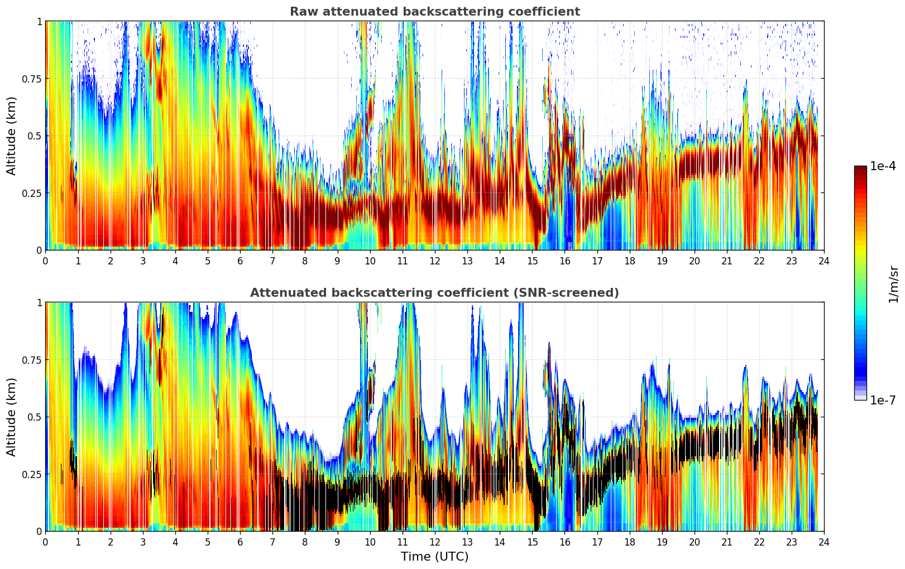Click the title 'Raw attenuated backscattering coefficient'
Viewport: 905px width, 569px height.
tap(434, 12)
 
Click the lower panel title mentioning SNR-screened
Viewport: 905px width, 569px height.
tap(434, 293)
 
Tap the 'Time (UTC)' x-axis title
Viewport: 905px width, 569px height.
tap(434, 557)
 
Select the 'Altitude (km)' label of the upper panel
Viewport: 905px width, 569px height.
tap(12, 136)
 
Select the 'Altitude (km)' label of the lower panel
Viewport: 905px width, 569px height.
tap(12, 417)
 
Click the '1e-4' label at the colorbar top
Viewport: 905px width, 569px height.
tap(883, 166)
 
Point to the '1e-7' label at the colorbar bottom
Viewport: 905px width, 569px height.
tap(883, 400)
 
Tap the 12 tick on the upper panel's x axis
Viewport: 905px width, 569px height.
tap(434, 261)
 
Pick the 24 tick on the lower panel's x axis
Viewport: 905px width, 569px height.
tap(823, 542)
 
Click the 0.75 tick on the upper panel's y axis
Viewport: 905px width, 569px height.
tap(32, 79)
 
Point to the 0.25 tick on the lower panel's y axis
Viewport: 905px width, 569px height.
tap(32, 474)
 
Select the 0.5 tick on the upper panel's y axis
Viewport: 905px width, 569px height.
tap(35, 136)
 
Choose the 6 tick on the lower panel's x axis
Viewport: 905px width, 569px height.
tap(240, 542)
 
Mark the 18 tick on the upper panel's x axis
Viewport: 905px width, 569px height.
tap(629, 261)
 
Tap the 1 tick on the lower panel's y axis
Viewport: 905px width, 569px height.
tap(39, 303)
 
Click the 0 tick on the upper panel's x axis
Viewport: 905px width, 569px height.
tap(46, 261)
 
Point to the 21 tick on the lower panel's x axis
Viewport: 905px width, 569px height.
tap(726, 542)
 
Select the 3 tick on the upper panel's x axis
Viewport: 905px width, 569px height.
tap(143, 261)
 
